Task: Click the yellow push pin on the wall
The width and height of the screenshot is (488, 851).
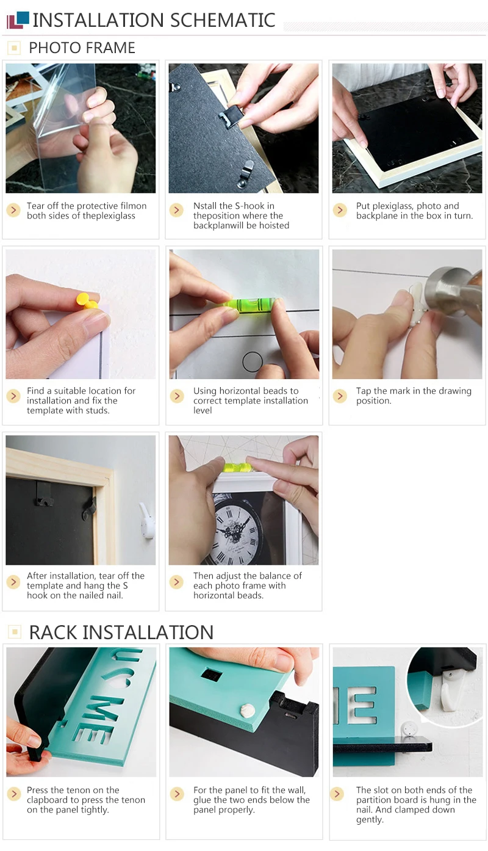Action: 87,300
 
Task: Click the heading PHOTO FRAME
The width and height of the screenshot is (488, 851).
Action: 82,48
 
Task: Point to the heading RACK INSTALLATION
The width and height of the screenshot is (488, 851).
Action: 121,632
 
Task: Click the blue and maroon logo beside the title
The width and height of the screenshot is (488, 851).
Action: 18,21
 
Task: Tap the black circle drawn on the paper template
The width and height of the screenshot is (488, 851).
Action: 253,361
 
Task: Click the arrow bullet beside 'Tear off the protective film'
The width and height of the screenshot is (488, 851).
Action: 13,210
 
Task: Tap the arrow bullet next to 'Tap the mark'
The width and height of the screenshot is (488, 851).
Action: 340,396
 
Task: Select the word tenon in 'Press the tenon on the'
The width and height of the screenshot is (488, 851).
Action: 79,790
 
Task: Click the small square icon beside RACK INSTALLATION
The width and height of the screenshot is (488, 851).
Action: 15,632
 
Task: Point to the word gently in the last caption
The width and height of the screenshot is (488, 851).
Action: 370,819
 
